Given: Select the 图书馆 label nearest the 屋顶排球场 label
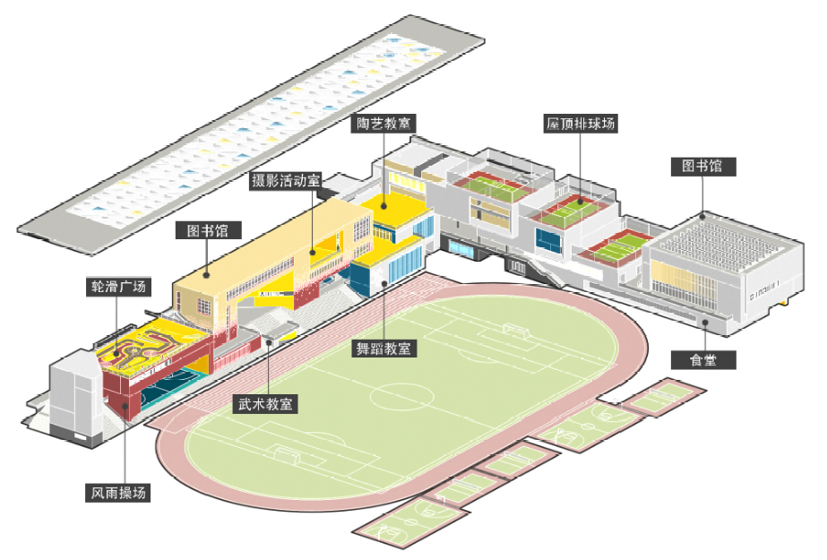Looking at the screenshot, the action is (x=702, y=167).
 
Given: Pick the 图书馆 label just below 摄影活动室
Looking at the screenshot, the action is (x=208, y=230).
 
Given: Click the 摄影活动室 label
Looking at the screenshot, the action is (x=287, y=181).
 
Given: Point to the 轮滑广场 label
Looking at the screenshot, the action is (x=116, y=287).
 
